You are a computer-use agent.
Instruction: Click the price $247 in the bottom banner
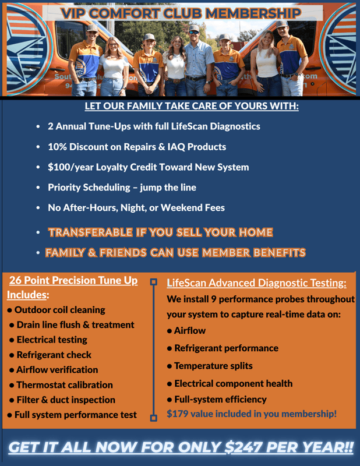[x=241, y=449]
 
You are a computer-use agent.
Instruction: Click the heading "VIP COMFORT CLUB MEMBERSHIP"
[x=181, y=12]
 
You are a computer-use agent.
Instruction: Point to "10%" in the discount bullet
[x=58, y=147]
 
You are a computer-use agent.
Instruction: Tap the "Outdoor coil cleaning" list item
[x=60, y=310]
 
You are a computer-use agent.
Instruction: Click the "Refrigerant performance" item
[x=226, y=348]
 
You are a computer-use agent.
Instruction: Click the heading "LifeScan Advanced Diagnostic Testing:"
[x=256, y=284]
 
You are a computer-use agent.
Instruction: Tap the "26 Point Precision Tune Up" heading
[x=73, y=281]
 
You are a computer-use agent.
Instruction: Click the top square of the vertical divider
[x=154, y=282]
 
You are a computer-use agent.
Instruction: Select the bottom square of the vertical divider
[x=154, y=417]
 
